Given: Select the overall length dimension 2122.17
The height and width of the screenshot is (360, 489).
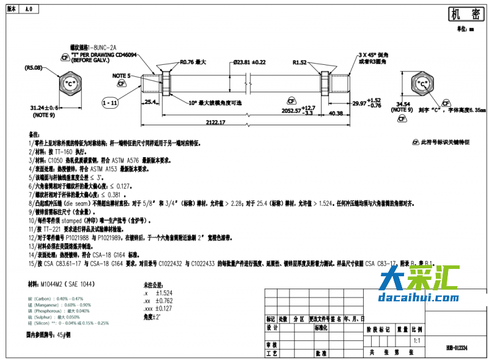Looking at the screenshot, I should [x=215, y=122].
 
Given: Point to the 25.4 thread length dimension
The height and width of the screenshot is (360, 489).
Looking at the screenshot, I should [x=150, y=102].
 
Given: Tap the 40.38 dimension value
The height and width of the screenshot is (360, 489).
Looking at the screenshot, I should [x=336, y=113].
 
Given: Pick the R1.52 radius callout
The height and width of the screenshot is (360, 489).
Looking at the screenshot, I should [x=300, y=62].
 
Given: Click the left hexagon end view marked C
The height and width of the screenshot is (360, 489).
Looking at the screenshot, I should [x=69, y=83].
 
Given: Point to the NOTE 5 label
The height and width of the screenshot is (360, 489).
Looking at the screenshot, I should [x=122, y=75].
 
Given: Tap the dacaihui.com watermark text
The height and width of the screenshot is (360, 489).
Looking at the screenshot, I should [x=418, y=298].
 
